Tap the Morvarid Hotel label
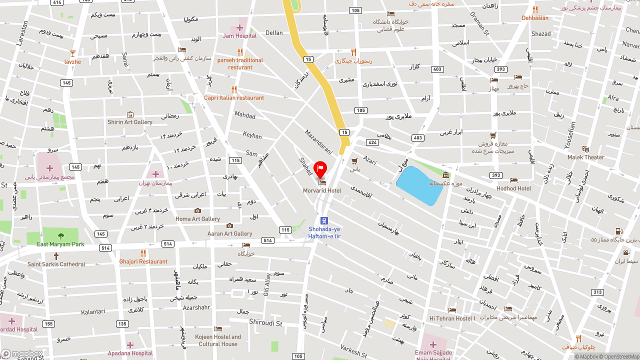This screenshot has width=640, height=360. [322, 190]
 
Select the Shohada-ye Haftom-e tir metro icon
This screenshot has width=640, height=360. [324, 220]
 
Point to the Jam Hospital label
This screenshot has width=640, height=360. [239, 35]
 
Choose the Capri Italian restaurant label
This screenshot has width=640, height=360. [234, 97]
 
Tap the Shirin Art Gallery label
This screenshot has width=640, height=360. [130, 122]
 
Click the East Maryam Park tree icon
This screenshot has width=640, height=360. [61, 236]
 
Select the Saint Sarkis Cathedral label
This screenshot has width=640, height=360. [56, 264]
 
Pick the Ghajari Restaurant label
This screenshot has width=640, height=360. [143, 261]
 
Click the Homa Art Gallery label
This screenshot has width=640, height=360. [197, 218]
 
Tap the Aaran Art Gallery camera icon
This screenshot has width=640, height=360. [229, 226]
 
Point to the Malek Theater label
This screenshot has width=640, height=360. [586, 157]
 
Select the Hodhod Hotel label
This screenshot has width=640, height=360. [513, 188]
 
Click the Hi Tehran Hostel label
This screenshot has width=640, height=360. [452, 318]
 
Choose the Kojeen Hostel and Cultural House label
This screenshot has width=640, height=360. [218, 340]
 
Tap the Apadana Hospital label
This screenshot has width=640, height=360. [130, 353]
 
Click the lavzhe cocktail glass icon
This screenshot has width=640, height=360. [72, 53]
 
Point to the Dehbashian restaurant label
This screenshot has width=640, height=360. [535, 18]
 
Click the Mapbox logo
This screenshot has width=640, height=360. [22, 354]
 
